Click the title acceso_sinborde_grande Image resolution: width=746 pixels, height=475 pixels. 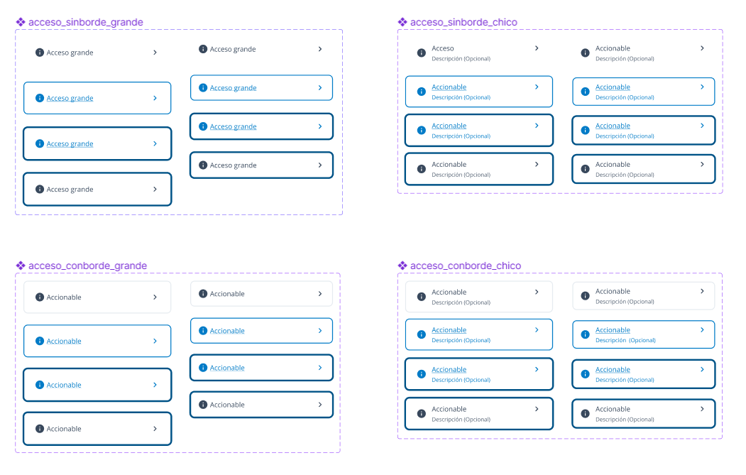point(85,22)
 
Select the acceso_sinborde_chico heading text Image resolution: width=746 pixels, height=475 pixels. point(463,22)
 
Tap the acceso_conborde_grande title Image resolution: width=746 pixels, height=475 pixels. point(87,266)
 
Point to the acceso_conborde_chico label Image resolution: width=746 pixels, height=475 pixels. point(466,266)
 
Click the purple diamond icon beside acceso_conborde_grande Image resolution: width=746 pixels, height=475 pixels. point(21,266)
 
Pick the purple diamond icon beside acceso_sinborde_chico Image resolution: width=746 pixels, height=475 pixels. point(402,22)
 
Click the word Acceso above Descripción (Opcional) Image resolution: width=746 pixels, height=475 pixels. point(443,48)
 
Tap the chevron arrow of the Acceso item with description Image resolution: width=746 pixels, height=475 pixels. point(537,48)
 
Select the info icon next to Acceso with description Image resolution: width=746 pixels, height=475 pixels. point(421,53)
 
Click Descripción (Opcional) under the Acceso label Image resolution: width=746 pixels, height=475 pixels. point(461,59)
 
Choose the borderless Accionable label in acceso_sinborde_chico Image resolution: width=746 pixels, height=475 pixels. point(613,48)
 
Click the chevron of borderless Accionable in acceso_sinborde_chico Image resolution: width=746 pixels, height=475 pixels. point(702,48)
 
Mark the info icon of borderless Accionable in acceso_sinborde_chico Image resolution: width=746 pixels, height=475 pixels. point(585,53)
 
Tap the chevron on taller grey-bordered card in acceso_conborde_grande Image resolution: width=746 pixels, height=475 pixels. point(155,297)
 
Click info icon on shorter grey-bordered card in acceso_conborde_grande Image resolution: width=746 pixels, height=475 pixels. point(203,294)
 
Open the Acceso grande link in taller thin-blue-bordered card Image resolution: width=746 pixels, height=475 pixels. point(70,99)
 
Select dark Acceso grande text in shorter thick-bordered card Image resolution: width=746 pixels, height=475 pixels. point(233,165)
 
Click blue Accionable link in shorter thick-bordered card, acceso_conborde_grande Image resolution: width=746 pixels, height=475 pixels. point(227,368)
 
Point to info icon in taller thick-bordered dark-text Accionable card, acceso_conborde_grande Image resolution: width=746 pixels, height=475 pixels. point(40,429)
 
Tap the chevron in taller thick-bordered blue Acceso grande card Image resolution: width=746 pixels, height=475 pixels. point(155,143)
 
